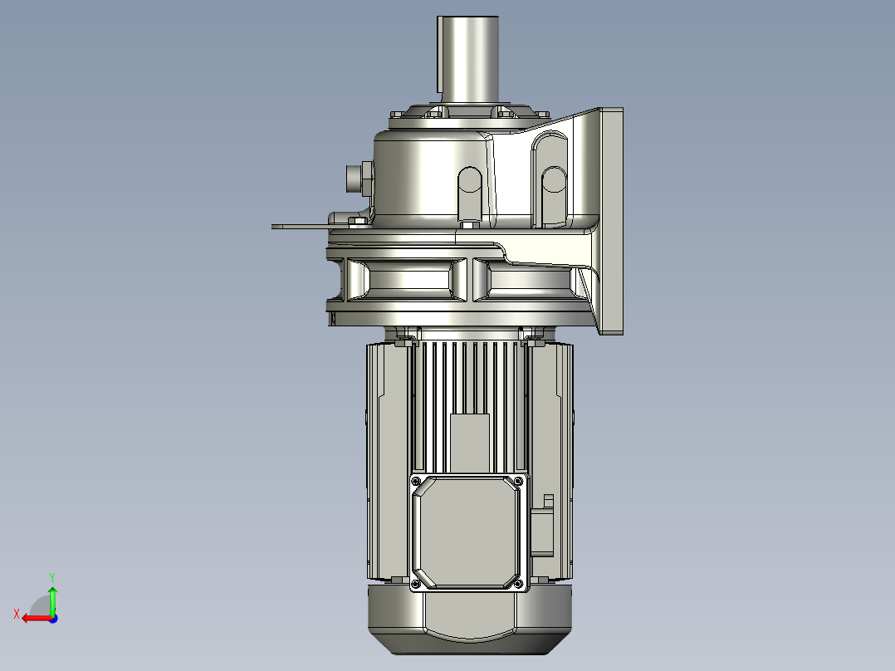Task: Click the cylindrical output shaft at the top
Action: pyautogui.click(x=467, y=58)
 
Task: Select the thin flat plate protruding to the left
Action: pyautogui.click(x=299, y=225)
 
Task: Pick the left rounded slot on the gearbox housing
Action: pyautogui.click(x=469, y=191)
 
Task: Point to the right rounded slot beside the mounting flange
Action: pyautogui.click(x=552, y=193)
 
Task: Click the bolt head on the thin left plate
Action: pyautogui.click(x=357, y=220)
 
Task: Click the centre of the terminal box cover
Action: pyautogui.click(x=468, y=531)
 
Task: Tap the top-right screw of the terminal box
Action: pyautogui.click(x=519, y=481)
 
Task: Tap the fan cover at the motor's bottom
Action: pyautogui.click(x=469, y=619)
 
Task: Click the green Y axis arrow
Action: pyautogui.click(x=52, y=594)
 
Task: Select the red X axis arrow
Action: pyautogui.click(x=32, y=618)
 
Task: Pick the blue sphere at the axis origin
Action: pyautogui.click(x=52, y=618)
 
